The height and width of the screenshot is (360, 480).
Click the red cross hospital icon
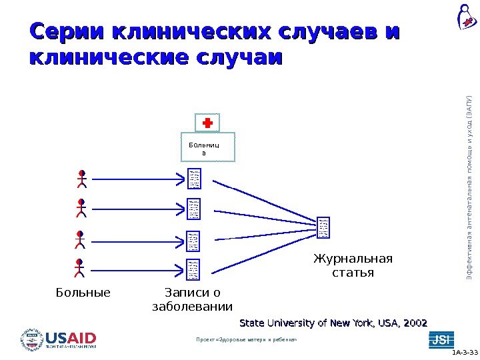click(x=207, y=123)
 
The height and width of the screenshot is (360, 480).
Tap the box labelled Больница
click(x=208, y=149)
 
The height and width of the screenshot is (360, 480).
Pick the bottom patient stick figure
click(x=80, y=268)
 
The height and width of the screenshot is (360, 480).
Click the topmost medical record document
click(x=194, y=179)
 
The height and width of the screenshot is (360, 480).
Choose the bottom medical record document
click(x=194, y=269)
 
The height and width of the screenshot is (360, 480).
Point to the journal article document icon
click(x=324, y=228)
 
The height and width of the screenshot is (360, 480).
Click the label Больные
click(x=83, y=292)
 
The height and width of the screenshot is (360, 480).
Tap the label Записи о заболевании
click(x=193, y=299)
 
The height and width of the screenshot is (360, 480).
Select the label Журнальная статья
click(x=353, y=266)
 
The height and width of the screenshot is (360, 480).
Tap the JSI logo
click(x=440, y=339)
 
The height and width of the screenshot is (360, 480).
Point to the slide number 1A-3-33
click(x=465, y=353)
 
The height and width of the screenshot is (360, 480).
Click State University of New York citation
click(x=333, y=323)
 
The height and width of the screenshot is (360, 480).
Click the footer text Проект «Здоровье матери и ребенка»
click(x=245, y=340)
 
